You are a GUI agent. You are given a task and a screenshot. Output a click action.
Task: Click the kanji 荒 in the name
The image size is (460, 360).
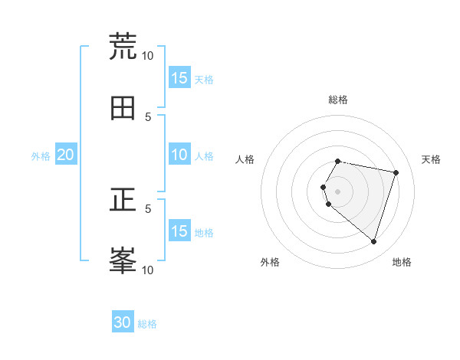point(123,46)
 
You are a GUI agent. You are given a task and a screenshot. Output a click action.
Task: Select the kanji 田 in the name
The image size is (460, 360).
point(123,108)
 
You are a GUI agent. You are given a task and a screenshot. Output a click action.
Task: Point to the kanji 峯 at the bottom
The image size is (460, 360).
point(123,260)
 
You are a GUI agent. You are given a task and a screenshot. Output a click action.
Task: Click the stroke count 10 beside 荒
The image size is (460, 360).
point(147,55)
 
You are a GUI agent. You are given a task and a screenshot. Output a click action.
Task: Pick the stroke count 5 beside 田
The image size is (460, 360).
point(149,116)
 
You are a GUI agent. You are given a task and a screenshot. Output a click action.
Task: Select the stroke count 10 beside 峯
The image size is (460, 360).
point(147,270)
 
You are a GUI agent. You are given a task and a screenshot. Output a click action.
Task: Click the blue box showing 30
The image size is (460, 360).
point(123,322)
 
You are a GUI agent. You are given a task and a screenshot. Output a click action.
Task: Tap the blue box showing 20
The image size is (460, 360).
point(65,155)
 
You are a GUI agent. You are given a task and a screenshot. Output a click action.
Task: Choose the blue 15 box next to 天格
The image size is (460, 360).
point(179,78)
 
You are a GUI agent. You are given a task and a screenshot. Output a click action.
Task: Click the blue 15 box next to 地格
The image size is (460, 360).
point(179,231)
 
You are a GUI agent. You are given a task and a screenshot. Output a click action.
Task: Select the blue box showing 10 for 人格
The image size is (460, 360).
point(179,155)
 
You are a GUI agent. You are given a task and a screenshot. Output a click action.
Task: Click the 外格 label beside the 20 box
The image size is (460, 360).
point(41,155)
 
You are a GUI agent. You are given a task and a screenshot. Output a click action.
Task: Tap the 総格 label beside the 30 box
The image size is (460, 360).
point(147,324)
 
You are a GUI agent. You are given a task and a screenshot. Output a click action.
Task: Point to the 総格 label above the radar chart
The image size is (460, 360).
point(338,100)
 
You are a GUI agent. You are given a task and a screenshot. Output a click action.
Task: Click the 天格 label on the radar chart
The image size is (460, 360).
point(431,159)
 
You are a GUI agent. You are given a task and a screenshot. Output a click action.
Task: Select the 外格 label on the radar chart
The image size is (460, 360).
point(270,262)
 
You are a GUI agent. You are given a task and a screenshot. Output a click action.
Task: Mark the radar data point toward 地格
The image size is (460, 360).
point(373,242)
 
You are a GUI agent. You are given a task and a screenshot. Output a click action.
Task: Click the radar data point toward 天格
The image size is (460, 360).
point(396,172)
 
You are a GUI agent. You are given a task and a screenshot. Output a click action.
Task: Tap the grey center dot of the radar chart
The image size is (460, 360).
point(338,191)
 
